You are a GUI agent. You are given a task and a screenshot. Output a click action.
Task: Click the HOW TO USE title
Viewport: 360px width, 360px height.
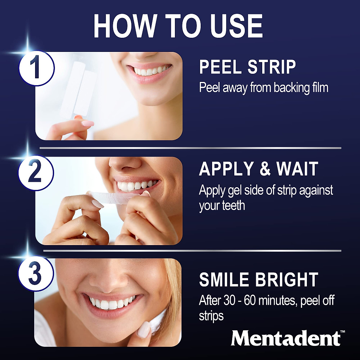click(x=178, y=26)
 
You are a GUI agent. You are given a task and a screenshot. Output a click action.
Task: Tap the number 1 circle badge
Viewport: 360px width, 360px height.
click(x=36, y=68)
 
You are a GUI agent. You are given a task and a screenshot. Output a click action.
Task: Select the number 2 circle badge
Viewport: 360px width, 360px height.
click(x=35, y=172)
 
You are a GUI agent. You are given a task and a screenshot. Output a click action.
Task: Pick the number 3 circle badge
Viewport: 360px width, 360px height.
click(x=35, y=274)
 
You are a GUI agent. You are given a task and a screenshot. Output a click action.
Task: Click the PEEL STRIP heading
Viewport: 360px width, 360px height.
click(x=247, y=67)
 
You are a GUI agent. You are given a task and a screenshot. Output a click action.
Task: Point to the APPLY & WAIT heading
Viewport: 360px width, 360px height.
click(x=258, y=169)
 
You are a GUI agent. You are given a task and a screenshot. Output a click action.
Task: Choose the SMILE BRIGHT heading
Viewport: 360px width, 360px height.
click(x=258, y=280)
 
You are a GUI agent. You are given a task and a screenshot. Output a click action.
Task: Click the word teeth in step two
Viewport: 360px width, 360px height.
click(x=233, y=205)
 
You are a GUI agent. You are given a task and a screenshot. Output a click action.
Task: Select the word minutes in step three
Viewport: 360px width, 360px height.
click(x=277, y=301)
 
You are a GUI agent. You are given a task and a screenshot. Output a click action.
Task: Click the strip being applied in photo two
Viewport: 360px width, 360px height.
click(x=120, y=199)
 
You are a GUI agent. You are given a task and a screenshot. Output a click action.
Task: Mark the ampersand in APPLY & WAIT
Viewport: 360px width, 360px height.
click(x=265, y=169)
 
